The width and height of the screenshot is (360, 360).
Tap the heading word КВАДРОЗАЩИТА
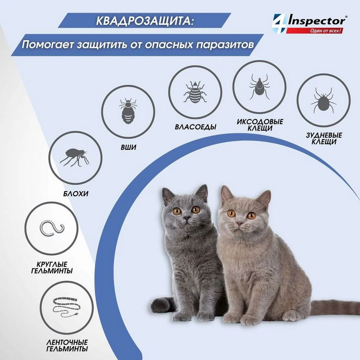(144, 21)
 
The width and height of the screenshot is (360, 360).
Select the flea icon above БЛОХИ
(74, 157)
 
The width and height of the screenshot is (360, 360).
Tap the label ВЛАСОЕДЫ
(196, 127)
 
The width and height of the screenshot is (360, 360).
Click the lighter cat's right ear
(263, 198)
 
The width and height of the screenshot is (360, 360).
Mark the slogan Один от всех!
(323, 30)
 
